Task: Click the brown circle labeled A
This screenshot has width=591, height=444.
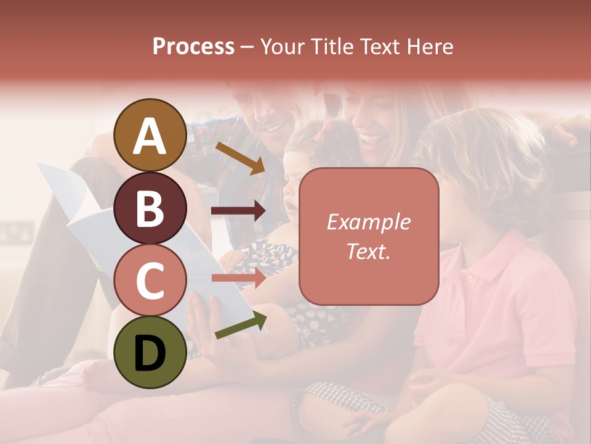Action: pos(150,135)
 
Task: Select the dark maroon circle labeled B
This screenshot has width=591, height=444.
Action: pos(150,208)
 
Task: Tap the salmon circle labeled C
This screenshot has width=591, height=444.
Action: pos(150,280)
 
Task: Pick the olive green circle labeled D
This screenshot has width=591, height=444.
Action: pos(150,352)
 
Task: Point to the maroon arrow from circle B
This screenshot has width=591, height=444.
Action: pos(238,211)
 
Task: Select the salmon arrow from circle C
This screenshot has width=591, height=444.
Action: pos(238,278)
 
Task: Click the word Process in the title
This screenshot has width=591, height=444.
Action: pos(193,47)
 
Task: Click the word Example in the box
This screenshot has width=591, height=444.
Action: pos(368,222)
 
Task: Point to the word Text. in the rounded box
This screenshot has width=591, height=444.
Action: pos(368,252)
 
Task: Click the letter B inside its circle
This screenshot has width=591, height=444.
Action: pos(150,209)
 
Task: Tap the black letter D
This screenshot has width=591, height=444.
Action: pos(150,353)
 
